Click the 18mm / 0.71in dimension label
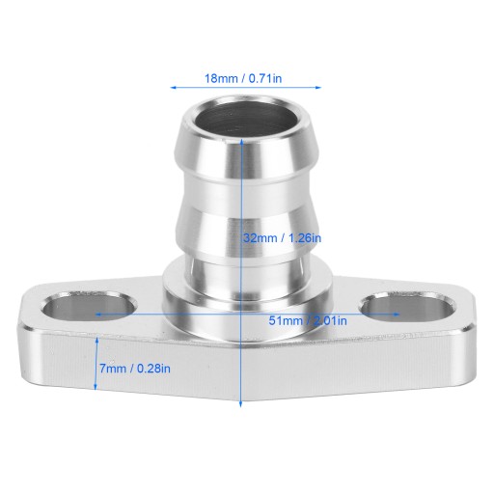coord(243,78)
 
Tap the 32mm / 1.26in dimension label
coord(282,238)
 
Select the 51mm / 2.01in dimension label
coord(308,320)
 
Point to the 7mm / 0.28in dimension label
coord(135,369)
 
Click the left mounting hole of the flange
coord(90,306)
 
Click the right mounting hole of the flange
coord(408,307)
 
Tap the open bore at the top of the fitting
coord(241,119)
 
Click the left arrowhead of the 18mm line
coord(173,87)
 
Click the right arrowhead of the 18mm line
coord(318,87)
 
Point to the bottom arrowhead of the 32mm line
coord(240,404)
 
